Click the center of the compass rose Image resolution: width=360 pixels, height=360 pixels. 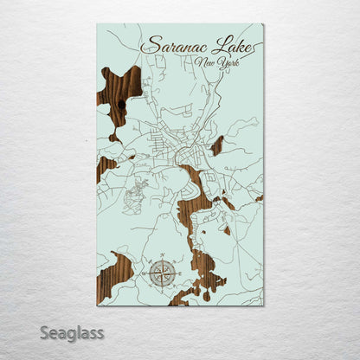pyautogui.click(x=162, y=273)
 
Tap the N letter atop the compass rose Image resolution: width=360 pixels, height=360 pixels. pyautogui.click(x=162, y=255)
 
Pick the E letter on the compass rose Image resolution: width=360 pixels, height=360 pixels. pyautogui.click(x=179, y=273)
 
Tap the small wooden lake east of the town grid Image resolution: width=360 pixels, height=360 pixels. pyautogui.click(x=217, y=145)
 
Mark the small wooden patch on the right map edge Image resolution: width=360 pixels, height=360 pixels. pyautogui.click(x=259, y=198)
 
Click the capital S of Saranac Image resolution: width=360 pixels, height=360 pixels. pyautogui.click(x=150, y=45)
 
